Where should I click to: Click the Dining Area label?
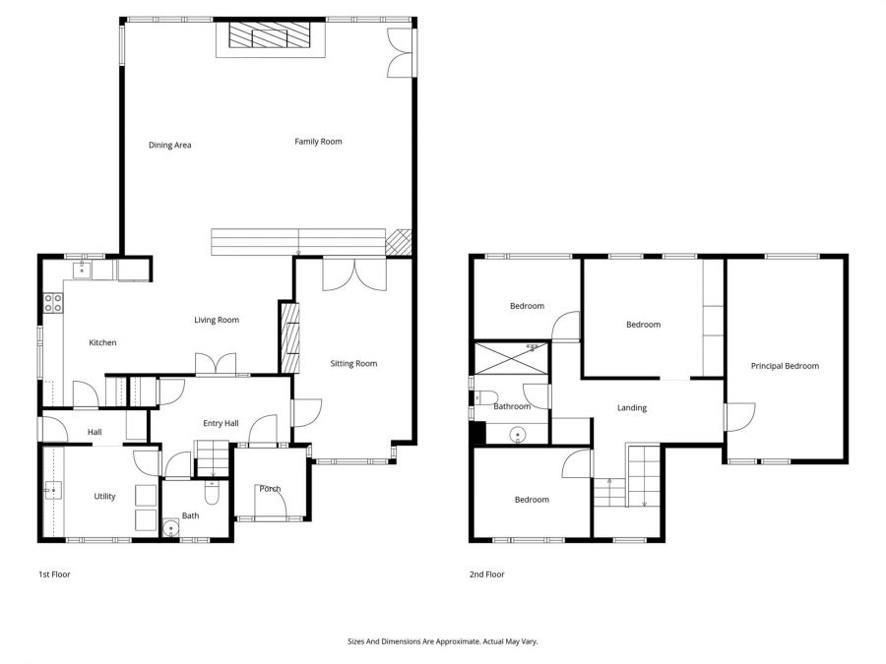169,146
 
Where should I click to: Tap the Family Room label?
318,142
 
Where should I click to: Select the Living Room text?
216,320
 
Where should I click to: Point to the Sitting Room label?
353,364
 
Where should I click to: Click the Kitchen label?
102,342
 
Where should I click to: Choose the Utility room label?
104,496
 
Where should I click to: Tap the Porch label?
270,489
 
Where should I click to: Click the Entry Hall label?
221,423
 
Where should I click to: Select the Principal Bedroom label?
785,366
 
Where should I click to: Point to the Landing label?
631,408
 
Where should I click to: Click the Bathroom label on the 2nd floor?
512,406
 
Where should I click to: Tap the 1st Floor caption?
54,573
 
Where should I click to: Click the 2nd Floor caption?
487,573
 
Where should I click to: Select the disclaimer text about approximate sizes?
442,640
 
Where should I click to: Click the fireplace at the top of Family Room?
269,37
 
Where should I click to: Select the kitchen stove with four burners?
52,304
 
